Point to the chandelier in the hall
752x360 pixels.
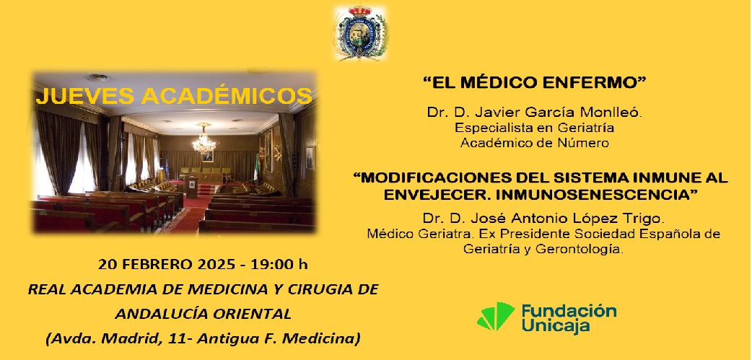[x=204, y=139]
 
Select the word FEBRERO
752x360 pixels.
[x=157, y=264]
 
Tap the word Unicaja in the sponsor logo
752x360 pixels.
[x=556, y=326]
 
